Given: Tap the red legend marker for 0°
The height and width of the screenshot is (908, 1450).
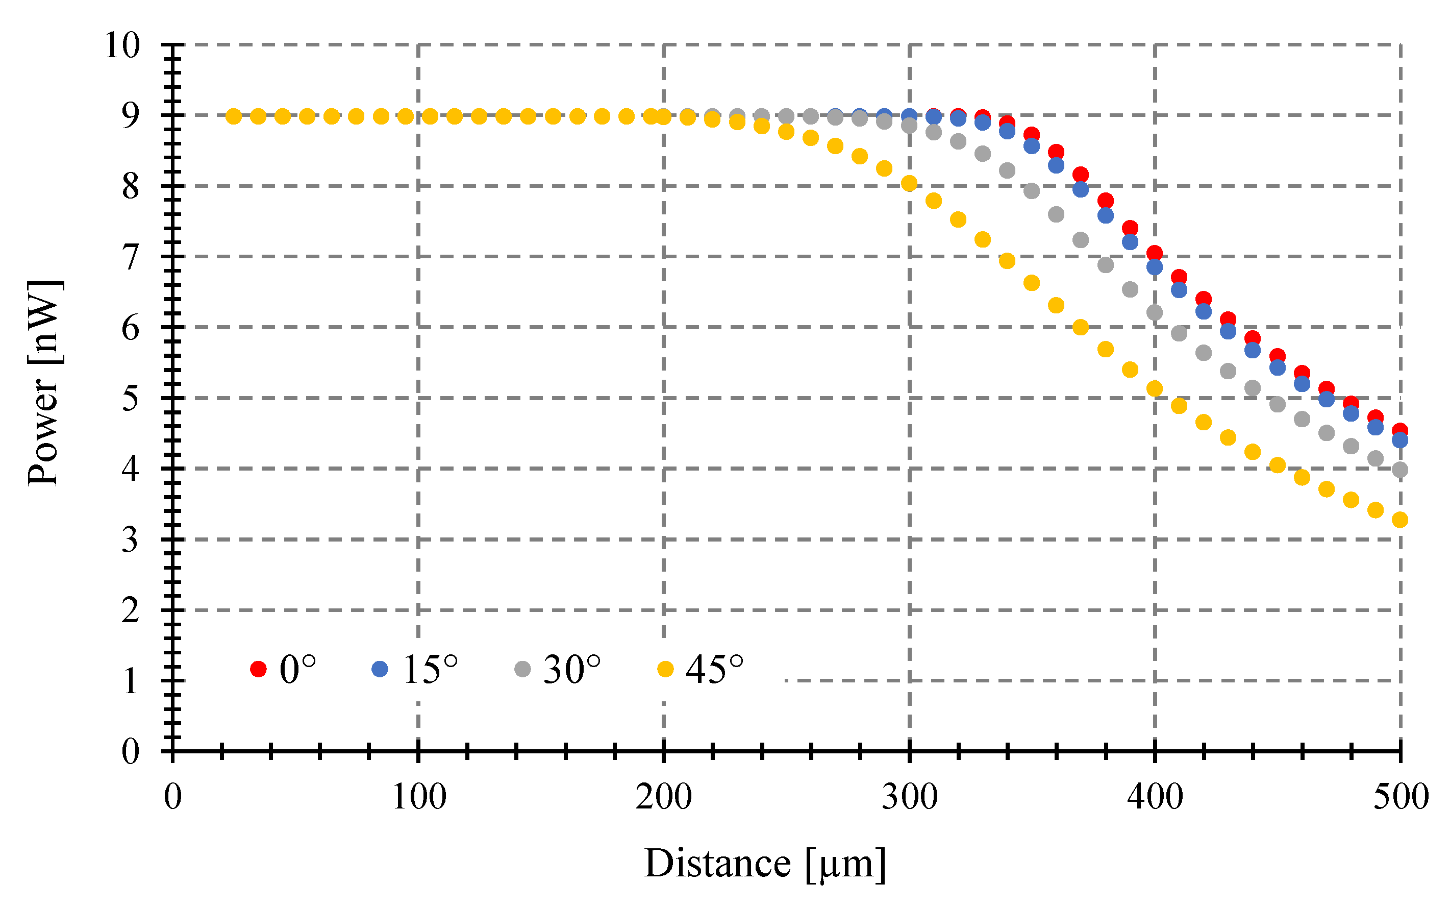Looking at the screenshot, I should tap(258, 669).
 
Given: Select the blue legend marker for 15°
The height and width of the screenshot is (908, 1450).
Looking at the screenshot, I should tap(380, 669).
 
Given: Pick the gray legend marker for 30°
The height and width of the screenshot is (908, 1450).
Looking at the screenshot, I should tap(523, 669).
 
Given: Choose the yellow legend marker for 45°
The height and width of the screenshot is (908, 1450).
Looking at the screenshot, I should tap(666, 669).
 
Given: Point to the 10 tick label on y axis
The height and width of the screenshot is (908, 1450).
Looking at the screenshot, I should tap(122, 45).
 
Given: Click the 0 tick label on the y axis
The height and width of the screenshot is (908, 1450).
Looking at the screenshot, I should tap(130, 751).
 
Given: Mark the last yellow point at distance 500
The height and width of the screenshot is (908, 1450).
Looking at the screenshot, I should tap(1399, 520).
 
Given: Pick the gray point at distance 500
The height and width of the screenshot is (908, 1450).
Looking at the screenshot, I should tap(1399, 470).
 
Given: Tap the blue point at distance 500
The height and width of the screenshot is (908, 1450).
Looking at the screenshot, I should tap(1399, 440).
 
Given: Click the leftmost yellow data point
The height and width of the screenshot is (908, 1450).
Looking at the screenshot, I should tap(234, 116).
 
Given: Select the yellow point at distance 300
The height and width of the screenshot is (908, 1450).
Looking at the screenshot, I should tap(909, 183).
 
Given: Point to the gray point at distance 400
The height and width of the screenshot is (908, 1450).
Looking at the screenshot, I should tap(1155, 312).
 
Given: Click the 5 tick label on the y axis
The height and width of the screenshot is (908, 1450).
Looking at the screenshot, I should tap(130, 398).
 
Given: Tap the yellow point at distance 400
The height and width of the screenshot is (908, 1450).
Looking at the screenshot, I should tap(1155, 388).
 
